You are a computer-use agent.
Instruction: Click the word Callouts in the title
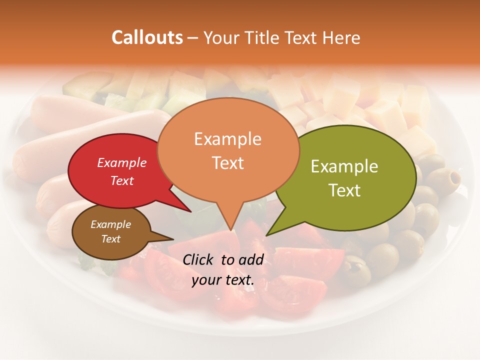pos(147,37)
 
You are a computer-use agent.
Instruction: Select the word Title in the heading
pos(264,38)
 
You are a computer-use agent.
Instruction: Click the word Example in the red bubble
pos(122,162)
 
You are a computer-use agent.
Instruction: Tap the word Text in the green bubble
pos(344,190)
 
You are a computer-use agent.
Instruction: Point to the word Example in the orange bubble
pos(227,139)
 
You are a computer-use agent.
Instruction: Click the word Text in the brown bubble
pos(111,239)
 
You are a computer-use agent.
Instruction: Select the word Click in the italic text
pos(199,259)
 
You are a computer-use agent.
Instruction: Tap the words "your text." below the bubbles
pos(223,280)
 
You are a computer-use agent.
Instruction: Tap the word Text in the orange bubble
pos(227,163)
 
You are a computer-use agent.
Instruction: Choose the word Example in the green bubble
pos(344,166)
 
